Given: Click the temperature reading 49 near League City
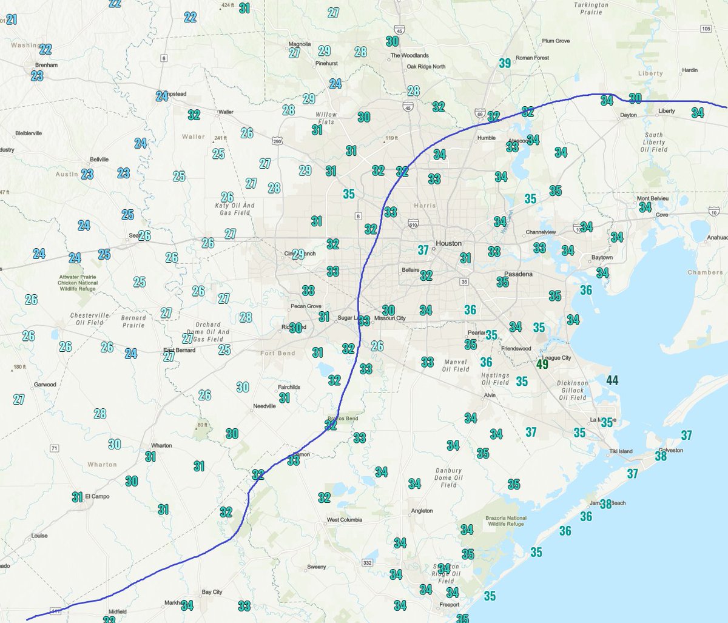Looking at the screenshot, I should (x=542, y=364).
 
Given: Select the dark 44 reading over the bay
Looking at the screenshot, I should (x=612, y=380).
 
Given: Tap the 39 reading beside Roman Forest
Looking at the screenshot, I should (x=505, y=63).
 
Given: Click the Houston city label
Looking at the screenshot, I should (x=449, y=243).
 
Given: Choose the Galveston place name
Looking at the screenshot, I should (x=671, y=450).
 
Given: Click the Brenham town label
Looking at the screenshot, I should (x=46, y=65).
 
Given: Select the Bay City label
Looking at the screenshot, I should (x=212, y=592).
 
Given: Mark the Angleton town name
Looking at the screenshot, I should (x=422, y=511).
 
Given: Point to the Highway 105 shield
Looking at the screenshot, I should (x=705, y=29).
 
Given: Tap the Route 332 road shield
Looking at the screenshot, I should (x=368, y=564).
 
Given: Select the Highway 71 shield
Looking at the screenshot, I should (x=54, y=448).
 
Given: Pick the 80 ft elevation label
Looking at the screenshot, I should (x=203, y=425).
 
